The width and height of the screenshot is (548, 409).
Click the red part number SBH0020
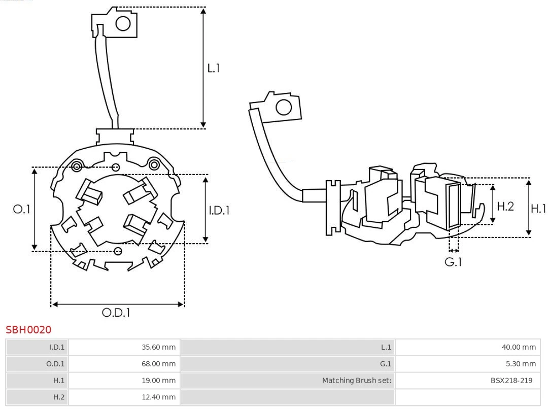click(x=28, y=330)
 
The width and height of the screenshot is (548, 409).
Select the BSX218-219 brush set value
click(x=511, y=380)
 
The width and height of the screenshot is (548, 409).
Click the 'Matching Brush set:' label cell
click(x=357, y=380)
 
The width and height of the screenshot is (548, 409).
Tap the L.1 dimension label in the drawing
click(x=214, y=67)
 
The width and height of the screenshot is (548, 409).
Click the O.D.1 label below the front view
click(x=116, y=313)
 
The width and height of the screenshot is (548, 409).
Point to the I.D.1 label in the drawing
click(x=219, y=210)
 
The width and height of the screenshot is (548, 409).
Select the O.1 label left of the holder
click(x=22, y=209)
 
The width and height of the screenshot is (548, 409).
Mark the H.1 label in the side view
click(x=538, y=208)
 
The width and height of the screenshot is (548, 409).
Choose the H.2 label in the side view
click(x=505, y=206)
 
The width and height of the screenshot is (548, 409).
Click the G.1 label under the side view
click(x=453, y=262)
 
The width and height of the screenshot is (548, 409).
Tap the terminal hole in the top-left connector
click(x=123, y=23)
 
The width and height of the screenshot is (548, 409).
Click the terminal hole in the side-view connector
click(x=283, y=108)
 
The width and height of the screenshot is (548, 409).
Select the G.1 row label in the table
click(x=386, y=364)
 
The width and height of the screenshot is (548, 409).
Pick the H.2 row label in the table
click(x=59, y=397)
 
